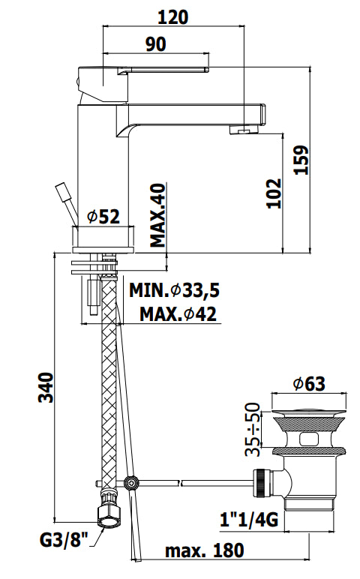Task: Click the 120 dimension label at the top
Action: click(x=173, y=17)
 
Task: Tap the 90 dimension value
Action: click(x=156, y=44)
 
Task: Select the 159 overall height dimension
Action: click(x=301, y=160)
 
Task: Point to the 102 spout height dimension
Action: click(x=274, y=193)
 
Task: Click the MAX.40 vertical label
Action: click(x=158, y=216)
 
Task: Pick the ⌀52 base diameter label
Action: click(x=103, y=217)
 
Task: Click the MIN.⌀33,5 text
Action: click(x=174, y=290)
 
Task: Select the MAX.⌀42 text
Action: click(x=178, y=314)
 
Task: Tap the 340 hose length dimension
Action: click(x=46, y=387)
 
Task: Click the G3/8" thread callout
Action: click(x=64, y=541)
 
